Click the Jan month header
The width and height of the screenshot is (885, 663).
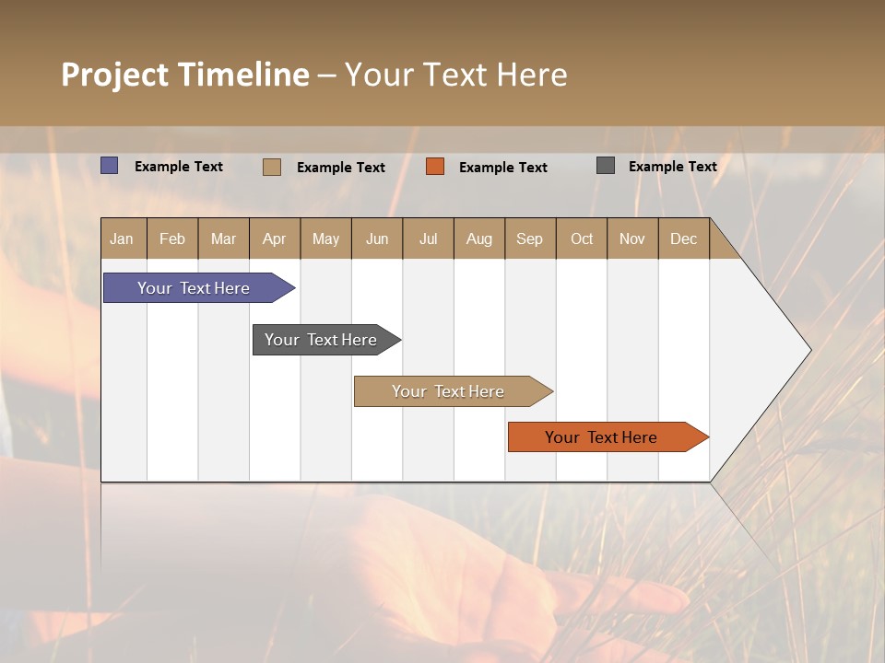pyautogui.click(x=123, y=238)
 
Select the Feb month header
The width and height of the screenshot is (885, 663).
pyautogui.click(x=172, y=238)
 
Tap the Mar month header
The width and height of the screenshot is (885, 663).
pyautogui.click(x=223, y=238)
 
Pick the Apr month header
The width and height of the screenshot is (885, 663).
pyautogui.click(x=275, y=238)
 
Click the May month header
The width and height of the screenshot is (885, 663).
pyautogui.click(x=325, y=238)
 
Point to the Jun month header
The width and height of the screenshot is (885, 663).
pyautogui.click(x=377, y=238)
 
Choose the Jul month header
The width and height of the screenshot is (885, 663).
pyautogui.click(x=428, y=238)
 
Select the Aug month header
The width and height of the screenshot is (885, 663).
pyautogui.click(x=479, y=238)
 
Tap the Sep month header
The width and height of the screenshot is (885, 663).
pyautogui.click(x=530, y=238)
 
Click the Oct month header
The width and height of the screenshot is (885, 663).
pyautogui.click(x=582, y=238)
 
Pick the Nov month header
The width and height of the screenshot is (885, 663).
pyautogui.click(x=632, y=238)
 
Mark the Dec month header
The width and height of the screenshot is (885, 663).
pyautogui.click(x=683, y=238)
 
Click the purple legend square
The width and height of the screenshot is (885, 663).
pyautogui.click(x=110, y=166)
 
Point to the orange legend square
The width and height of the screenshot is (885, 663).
pyautogui.click(x=435, y=167)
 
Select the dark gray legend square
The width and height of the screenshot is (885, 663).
pyautogui.click(x=606, y=166)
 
